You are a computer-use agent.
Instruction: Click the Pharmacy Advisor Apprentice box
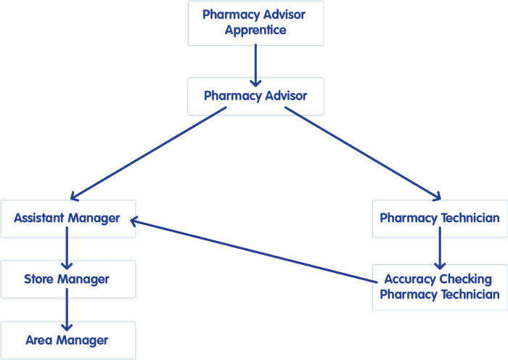(x=255, y=23)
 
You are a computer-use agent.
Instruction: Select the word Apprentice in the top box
(x=255, y=30)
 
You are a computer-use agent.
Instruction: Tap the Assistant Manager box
(x=68, y=219)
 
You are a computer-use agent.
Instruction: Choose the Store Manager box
(x=68, y=279)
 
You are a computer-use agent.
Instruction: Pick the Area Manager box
(x=68, y=340)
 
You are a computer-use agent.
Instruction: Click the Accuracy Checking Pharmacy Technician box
(x=440, y=287)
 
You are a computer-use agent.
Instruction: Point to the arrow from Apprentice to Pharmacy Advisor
(x=255, y=65)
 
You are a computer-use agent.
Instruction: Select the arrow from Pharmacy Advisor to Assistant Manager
(x=148, y=154)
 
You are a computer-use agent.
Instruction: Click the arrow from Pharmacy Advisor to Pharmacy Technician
(x=363, y=154)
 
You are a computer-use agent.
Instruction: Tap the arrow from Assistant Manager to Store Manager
(x=67, y=248)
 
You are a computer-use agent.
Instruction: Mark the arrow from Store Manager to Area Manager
(x=67, y=309)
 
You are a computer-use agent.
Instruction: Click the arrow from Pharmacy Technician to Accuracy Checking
(x=440, y=248)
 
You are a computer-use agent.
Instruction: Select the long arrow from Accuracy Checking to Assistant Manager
(x=254, y=250)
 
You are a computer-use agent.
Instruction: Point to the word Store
(x=39, y=279)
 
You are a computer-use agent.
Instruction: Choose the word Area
(x=39, y=340)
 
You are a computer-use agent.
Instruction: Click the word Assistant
(x=39, y=218)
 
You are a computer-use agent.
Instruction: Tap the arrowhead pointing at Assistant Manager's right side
(x=134, y=221)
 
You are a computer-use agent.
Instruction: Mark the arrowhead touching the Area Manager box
(x=67, y=327)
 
